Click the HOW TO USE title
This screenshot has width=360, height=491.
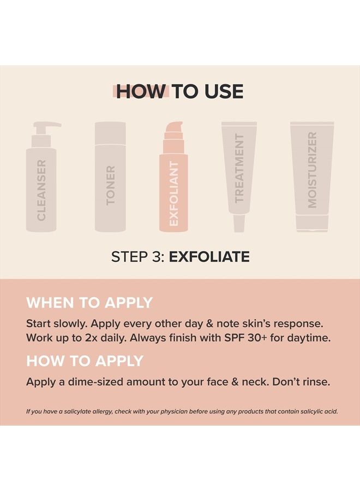pyautogui.click(x=179, y=92)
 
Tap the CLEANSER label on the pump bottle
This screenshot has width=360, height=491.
pyautogui.click(x=41, y=190)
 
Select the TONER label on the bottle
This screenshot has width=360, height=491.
pyautogui.click(x=111, y=185)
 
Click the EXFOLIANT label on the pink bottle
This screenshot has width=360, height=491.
pyautogui.click(x=174, y=194)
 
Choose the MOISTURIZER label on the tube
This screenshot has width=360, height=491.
pyautogui.click(x=312, y=170)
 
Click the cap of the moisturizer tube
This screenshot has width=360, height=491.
pyautogui.click(x=312, y=223)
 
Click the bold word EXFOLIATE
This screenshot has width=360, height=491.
pyautogui.click(x=209, y=257)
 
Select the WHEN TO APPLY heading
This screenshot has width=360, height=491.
pyautogui.click(x=89, y=303)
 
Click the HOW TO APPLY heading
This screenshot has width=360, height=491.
pyautogui.click(x=85, y=361)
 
